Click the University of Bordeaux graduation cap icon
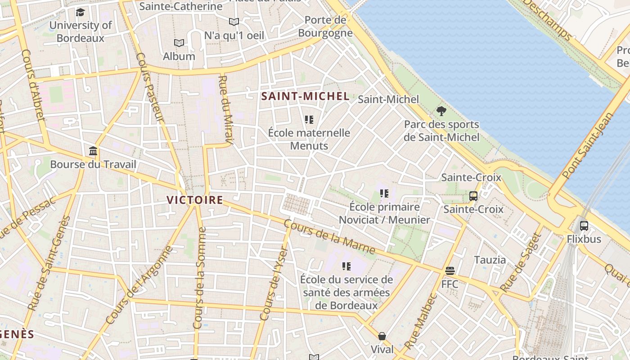(x=80, y=12)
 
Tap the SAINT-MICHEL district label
(x=305, y=96)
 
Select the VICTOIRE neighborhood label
(x=195, y=200)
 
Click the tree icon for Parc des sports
(x=441, y=111)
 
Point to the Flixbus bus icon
(x=584, y=226)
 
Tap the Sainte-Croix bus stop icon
(x=473, y=196)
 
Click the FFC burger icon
(x=450, y=271)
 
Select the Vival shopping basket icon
(x=382, y=336)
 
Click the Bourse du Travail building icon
(x=93, y=151)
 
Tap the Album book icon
(x=179, y=43)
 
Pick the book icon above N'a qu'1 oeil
(x=234, y=22)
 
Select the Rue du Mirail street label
(x=225, y=110)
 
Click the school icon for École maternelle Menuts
(x=309, y=120)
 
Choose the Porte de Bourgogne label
(x=325, y=27)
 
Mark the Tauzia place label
(x=490, y=260)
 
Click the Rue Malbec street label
(x=420, y=321)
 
